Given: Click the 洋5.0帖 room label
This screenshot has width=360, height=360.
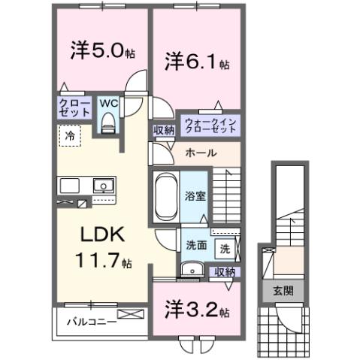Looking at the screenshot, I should [x=102, y=52].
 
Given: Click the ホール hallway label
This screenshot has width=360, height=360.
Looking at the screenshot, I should [x=201, y=153].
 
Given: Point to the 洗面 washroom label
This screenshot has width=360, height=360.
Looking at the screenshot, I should [x=197, y=244].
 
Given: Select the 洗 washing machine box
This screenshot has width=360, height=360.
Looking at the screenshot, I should [x=225, y=246].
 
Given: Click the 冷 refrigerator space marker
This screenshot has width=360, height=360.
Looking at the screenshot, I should [x=70, y=138].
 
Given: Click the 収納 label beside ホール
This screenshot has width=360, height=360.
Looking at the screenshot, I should [x=164, y=130].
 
